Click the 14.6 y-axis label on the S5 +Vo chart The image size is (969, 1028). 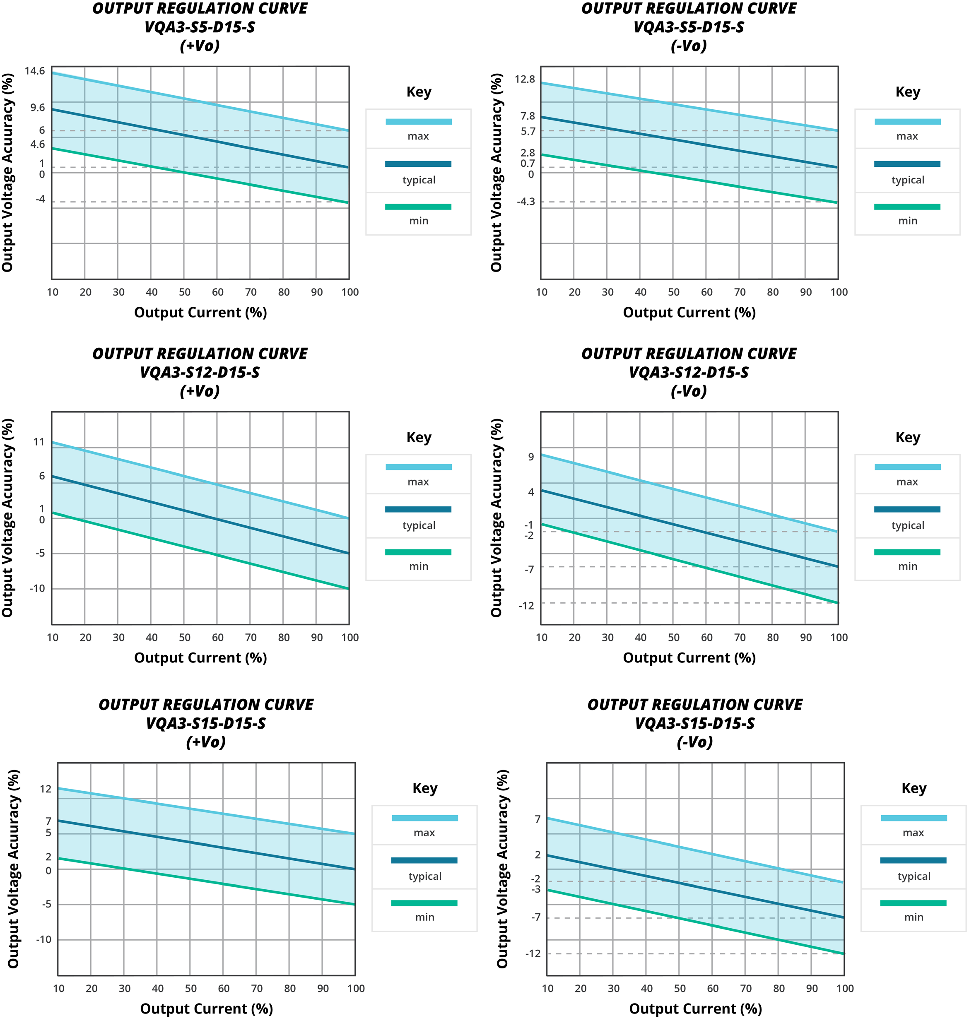pos(35,71)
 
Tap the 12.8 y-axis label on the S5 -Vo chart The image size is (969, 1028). pos(524,79)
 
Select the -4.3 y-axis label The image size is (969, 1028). pos(525,202)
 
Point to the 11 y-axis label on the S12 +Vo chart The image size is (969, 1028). pos(39,442)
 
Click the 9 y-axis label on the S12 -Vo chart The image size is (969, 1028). pos(530,457)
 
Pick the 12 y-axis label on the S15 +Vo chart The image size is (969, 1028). pos(46,789)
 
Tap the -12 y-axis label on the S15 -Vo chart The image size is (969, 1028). pos(533,953)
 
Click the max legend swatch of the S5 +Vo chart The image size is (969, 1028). pos(418,122)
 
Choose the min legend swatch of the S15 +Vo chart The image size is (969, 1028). pos(424,903)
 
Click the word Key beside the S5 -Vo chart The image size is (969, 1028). pos(907,92)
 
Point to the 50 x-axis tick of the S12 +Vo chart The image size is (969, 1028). pos(185,638)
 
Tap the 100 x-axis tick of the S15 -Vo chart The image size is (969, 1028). pos(845,989)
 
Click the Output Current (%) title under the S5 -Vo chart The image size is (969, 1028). pos(689,313)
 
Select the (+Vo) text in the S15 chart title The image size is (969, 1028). pos(206,743)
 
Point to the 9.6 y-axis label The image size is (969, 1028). pos(37,108)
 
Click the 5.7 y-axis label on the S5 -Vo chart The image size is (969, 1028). pos(528,132)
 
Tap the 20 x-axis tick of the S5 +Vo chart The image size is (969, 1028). pos(85,292)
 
